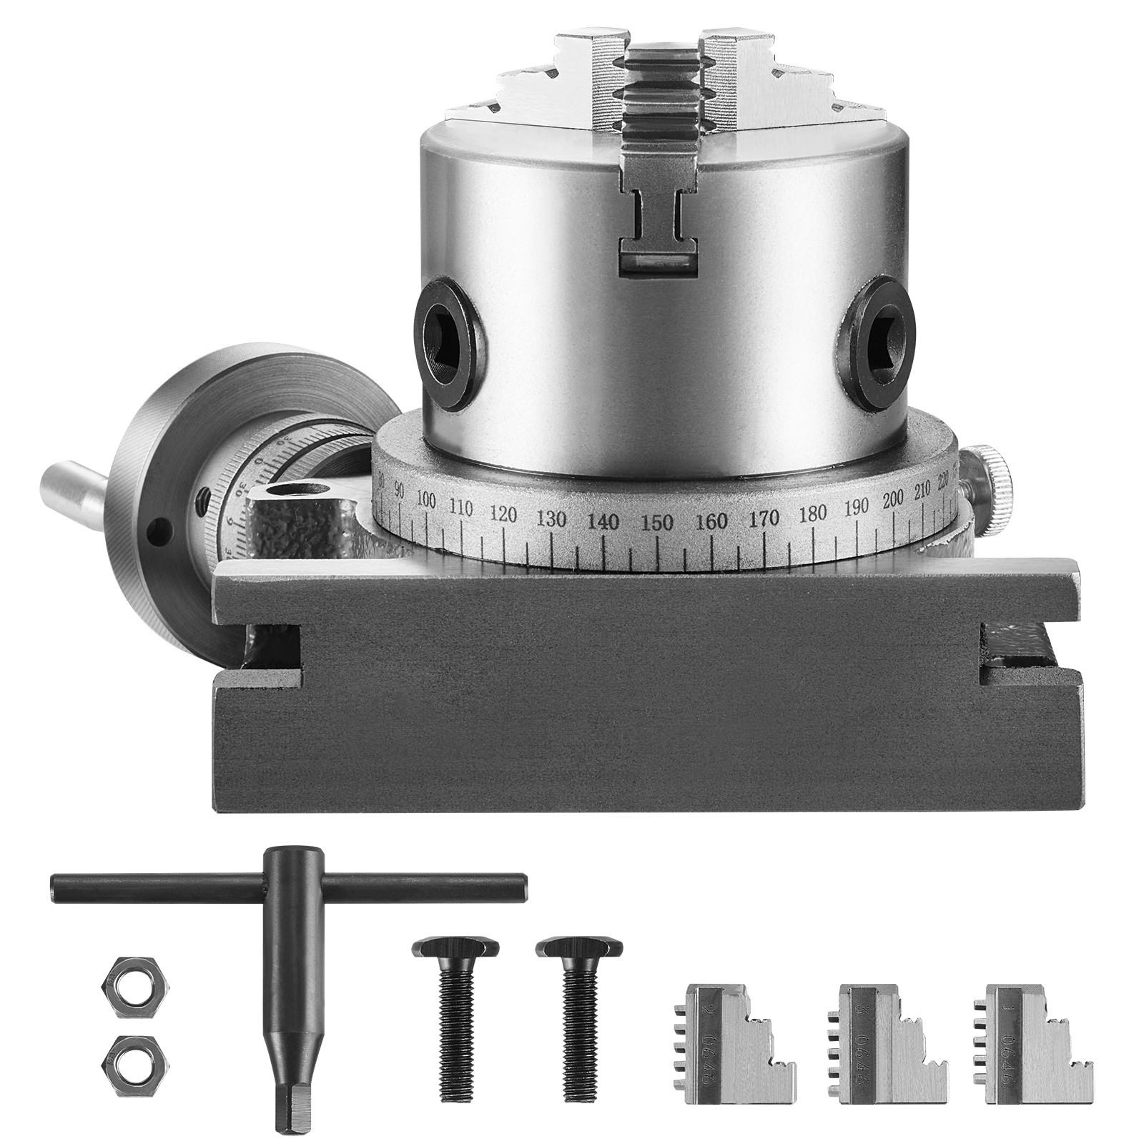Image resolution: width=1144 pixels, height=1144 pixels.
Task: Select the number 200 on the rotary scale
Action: click(x=893, y=498)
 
